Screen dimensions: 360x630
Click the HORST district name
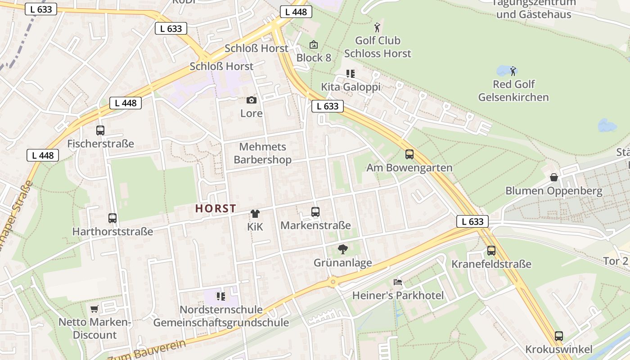(x=216, y=208)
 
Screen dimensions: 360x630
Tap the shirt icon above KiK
(x=255, y=213)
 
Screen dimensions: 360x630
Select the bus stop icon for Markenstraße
(x=315, y=211)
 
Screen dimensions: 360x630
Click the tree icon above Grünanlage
(x=343, y=249)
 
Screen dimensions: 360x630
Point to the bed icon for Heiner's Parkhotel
(x=398, y=282)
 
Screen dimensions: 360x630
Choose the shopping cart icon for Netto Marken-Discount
(x=94, y=309)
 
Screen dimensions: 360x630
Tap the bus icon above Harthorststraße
(x=112, y=218)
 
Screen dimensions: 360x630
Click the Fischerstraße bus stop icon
(x=100, y=130)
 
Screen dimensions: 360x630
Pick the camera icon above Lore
(x=252, y=100)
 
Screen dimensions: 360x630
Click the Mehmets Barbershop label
(x=262, y=153)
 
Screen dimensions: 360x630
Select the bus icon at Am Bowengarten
(x=409, y=154)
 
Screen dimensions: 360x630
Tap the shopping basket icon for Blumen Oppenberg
(x=554, y=177)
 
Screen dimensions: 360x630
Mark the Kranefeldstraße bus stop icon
(x=491, y=251)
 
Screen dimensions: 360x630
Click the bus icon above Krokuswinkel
(x=559, y=336)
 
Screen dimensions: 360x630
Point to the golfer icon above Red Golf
(x=513, y=71)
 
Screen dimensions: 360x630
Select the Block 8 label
(x=314, y=58)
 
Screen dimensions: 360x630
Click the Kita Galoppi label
(x=351, y=87)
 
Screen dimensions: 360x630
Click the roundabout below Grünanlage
(x=333, y=282)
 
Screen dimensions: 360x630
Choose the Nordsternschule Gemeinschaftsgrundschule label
(x=221, y=316)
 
